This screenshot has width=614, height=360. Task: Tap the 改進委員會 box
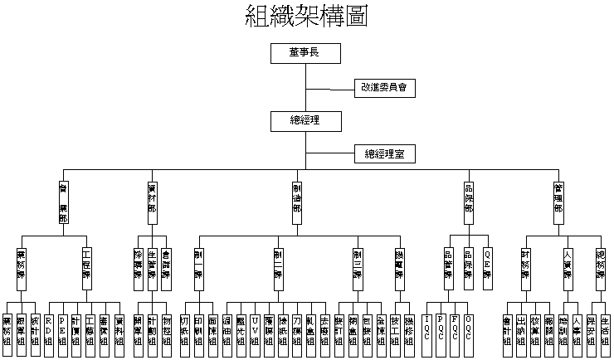pyautogui.click(x=383, y=86)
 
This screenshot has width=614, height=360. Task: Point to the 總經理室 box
pyautogui.click(x=384, y=153)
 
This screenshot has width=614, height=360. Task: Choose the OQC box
pyautogui.click(x=468, y=324)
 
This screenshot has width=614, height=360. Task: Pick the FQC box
pyautogui.click(x=455, y=324)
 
